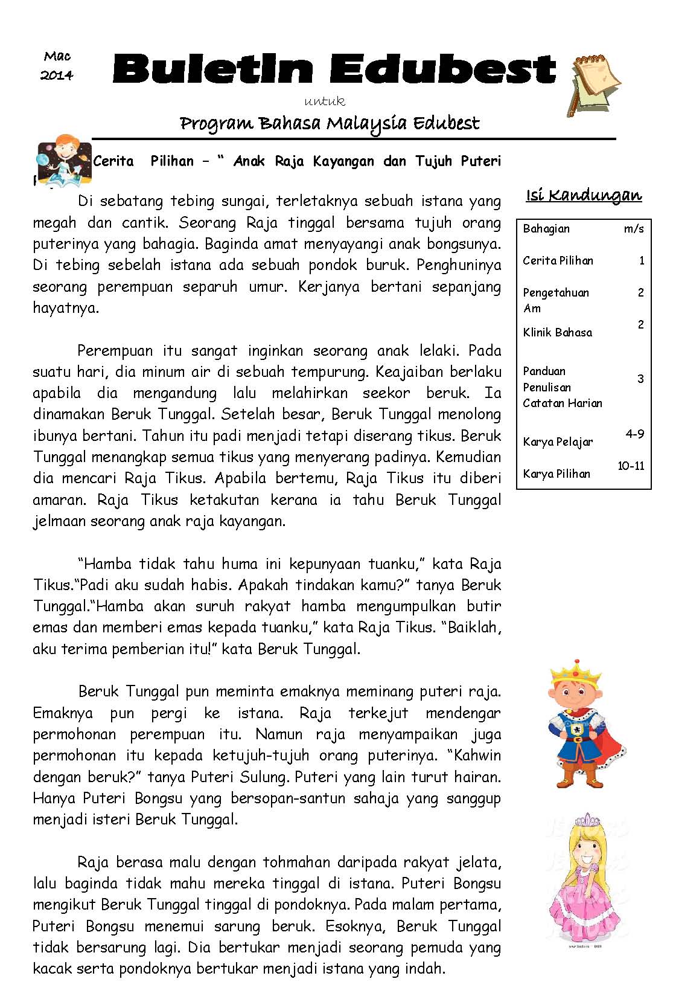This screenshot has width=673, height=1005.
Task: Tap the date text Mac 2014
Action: point(57,66)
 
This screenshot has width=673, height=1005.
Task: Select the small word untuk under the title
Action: point(325,101)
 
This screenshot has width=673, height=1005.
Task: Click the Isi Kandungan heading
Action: point(584,195)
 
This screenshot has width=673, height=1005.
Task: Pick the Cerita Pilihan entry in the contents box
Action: point(558,261)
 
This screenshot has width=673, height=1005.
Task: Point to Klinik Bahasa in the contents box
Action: point(557,333)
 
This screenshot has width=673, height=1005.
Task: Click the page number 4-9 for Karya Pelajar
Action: point(634,434)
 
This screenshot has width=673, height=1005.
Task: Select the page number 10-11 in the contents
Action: point(631,466)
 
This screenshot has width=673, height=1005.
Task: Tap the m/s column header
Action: point(634,229)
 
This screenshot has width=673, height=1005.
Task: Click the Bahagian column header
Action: point(546,229)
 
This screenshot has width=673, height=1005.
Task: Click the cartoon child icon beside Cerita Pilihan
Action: point(63,159)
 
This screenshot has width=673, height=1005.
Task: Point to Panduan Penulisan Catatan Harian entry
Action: point(562,387)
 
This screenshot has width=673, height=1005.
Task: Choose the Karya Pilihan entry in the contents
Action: point(556,474)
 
